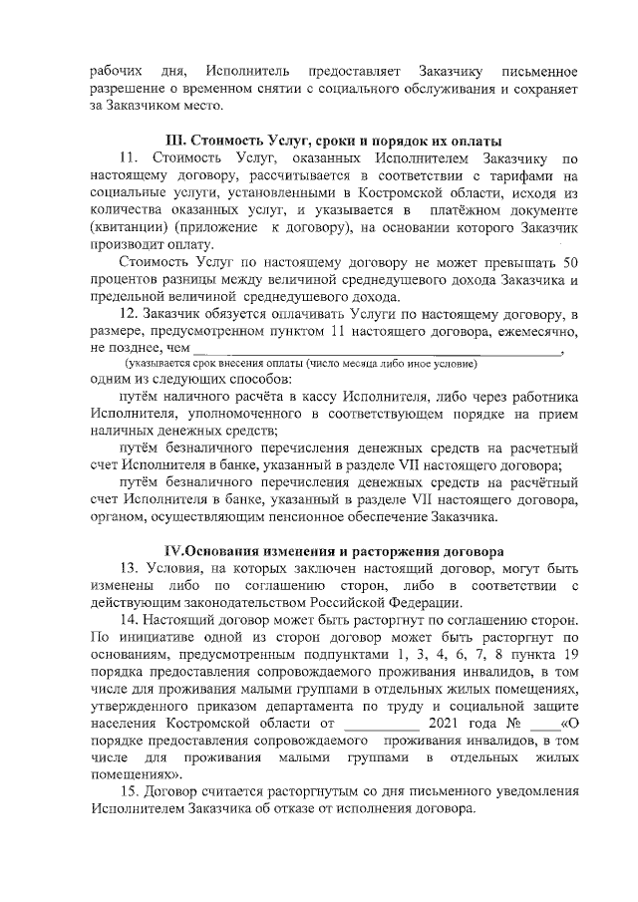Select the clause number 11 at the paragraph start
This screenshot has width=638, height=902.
[x=127, y=157]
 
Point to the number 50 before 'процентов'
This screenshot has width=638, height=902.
[x=570, y=262]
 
